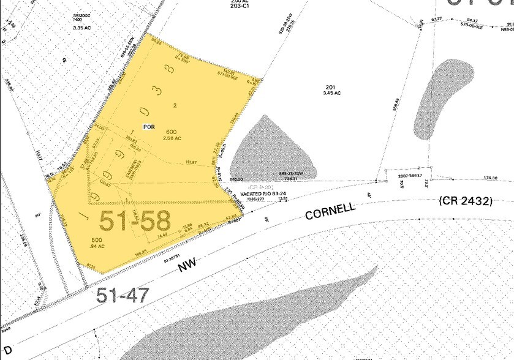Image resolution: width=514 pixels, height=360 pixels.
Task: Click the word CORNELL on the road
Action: pyautogui.click(x=330, y=211)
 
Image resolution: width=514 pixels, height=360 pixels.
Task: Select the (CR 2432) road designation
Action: pyautogui.click(x=466, y=200)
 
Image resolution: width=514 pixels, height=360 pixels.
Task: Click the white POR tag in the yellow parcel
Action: pyautogui.click(x=148, y=127)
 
